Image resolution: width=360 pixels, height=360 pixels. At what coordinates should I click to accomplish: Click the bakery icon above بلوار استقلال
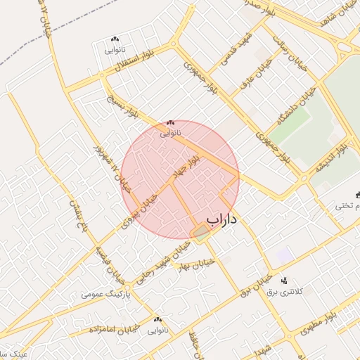pyautogui.click(x=115, y=39)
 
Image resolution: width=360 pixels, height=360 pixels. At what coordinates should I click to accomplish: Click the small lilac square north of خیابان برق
pyautogui.click(x=283, y=255)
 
